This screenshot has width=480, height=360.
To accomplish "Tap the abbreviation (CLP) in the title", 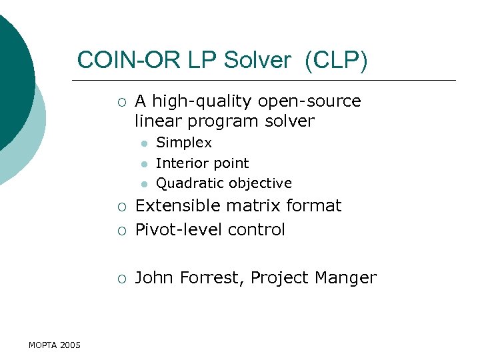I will tap(336, 60).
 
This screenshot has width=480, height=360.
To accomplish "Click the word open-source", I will tap(309, 101).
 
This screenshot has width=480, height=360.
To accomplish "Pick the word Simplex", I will tap(184, 143).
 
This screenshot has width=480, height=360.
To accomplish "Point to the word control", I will tap(256, 230).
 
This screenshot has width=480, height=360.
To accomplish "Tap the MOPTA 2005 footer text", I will tap(55, 345).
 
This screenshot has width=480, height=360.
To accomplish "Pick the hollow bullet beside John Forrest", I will tap(120, 279).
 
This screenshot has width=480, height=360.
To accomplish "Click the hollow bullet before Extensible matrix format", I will tap(120, 207).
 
